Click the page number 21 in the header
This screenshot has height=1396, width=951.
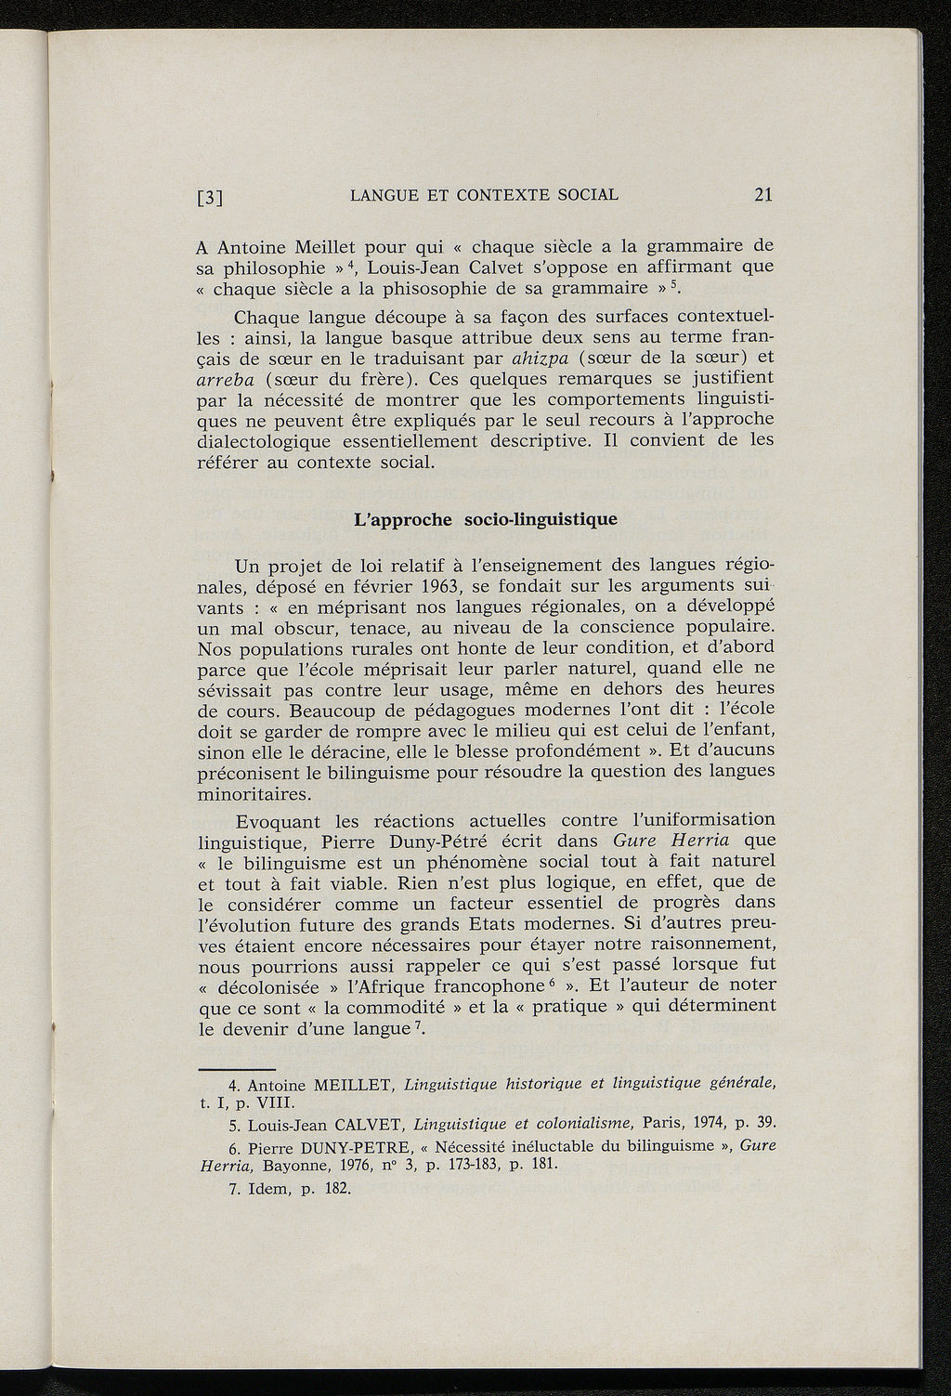coord(763,194)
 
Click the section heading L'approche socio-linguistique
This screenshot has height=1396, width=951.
coord(486,518)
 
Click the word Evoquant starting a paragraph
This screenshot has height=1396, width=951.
coord(278,821)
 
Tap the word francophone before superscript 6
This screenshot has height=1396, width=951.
coord(480,985)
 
